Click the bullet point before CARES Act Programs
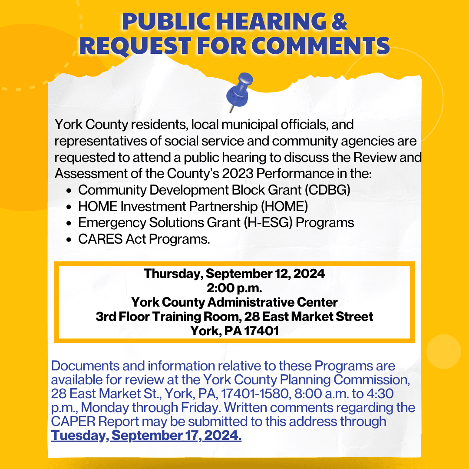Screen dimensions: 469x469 pos(69,240)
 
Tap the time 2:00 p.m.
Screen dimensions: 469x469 pos(234,288)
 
